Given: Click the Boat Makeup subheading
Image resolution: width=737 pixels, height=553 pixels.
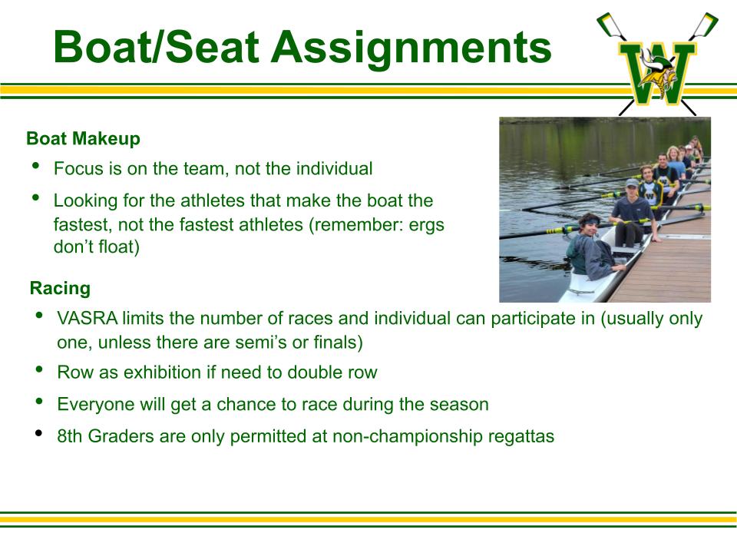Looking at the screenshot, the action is click(83, 139).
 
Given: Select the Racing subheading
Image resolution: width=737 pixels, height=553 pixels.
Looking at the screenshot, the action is click(60, 288).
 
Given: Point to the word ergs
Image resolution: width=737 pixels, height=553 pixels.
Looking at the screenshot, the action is click(426, 226).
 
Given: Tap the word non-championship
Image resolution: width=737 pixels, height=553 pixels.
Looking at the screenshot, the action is click(408, 437).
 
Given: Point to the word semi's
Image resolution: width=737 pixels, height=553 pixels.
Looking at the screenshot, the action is click(259, 343).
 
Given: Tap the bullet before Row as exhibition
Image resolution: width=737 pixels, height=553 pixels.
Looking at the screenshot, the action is click(39, 369).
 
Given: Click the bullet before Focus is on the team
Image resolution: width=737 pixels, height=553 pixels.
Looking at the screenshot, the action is click(36, 165).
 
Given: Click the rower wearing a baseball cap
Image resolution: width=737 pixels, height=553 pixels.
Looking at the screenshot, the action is click(633, 212).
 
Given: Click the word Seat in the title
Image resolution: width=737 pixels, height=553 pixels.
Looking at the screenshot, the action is click(211, 47).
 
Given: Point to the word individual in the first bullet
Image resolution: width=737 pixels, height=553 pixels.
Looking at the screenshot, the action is click(334, 169).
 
